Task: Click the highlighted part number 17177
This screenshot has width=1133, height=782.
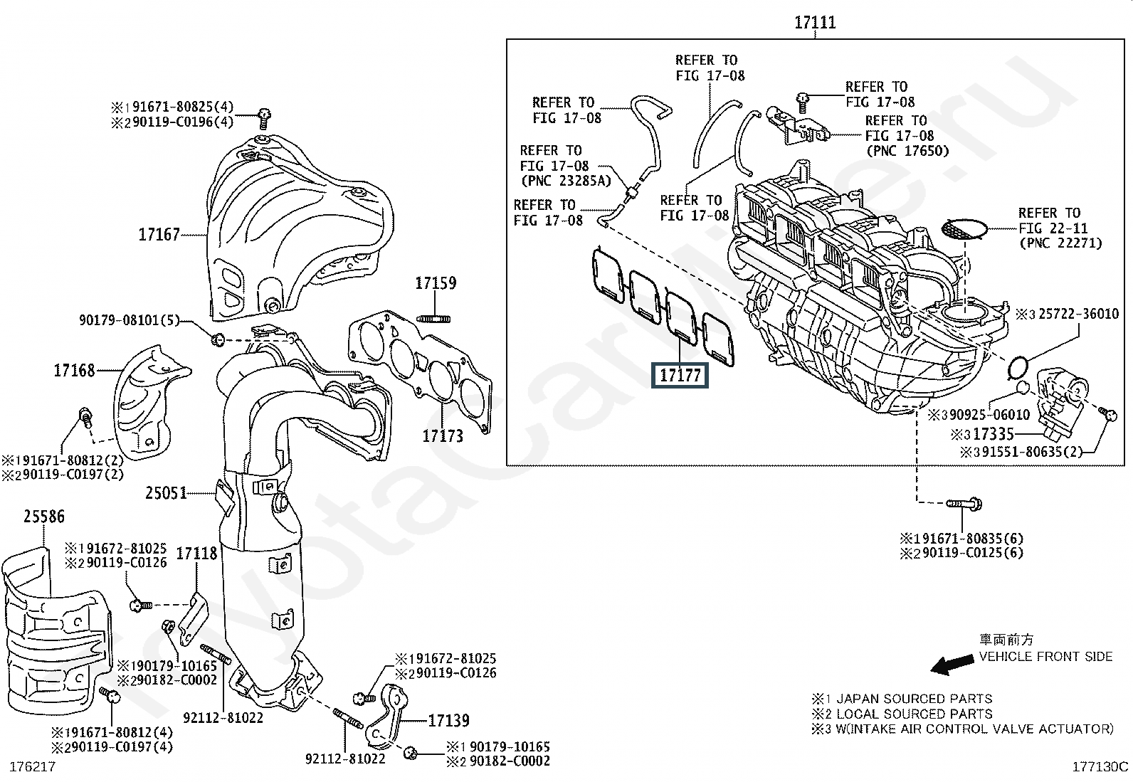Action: (x=680, y=375)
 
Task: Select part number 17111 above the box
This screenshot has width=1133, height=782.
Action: (x=815, y=23)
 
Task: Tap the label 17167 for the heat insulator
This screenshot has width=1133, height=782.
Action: (x=159, y=234)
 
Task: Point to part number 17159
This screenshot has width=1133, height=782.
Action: (x=436, y=283)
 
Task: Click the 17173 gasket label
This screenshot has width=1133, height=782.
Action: (x=443, y=435)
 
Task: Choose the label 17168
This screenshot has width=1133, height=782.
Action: (x=74, y=370)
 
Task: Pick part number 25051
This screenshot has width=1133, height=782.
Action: (x=166, y=492)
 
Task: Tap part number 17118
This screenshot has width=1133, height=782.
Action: (x=196, y=553)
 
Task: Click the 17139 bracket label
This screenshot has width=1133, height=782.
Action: (x=448, y=721)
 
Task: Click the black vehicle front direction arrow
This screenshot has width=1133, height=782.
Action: (x=953, y=665)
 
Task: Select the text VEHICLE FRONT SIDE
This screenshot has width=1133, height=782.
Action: (x=1045, y=657)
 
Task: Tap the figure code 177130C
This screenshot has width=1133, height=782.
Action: (x=1100, y=766)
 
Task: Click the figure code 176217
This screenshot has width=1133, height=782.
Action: (x=31, y=766)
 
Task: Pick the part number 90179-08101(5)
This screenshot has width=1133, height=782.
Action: (x=129, y=320)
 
